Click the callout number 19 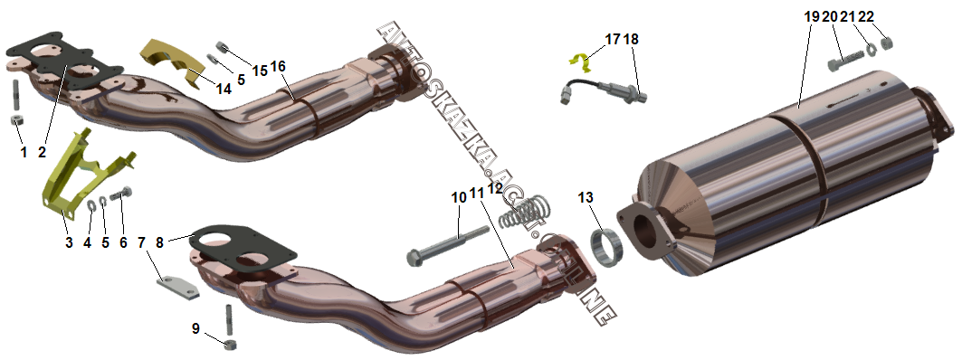pos(812,17)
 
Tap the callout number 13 pos(586,197)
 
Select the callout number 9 pos(195,328)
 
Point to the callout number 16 pos(278,66)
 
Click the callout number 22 pos(866,17)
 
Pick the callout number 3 pos(69,242)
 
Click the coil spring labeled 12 pos(523,211)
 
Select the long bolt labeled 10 pos(448,245)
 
